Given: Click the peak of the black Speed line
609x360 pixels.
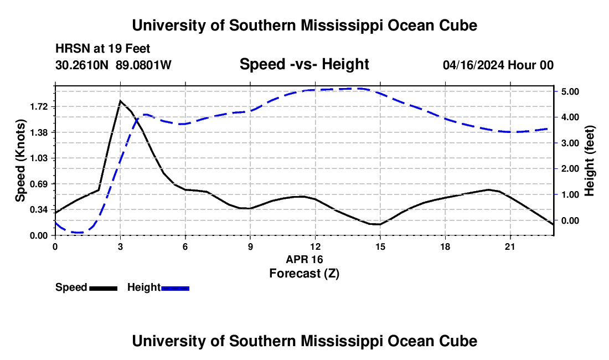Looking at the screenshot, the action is (120, 101).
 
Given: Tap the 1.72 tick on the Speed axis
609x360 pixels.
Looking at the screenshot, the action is (38, 107).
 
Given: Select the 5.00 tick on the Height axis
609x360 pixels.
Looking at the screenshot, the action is (571, 91).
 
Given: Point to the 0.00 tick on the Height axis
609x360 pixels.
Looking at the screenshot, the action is (571, 220).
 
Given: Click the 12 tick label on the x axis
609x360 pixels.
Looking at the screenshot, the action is (316, 246).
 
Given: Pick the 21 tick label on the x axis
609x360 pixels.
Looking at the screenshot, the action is (510, 246).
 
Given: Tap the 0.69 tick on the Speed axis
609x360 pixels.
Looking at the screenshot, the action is (38, 184).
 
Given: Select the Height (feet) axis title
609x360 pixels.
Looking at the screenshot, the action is (589, 161).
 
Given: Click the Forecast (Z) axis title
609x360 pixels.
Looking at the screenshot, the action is (304, 274).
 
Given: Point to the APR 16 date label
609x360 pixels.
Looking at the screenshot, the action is (304, 259).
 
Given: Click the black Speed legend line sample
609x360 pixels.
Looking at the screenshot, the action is (104, 288).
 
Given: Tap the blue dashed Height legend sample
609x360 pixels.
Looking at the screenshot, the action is (175, 288).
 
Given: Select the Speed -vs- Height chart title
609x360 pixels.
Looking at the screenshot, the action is (304, 64).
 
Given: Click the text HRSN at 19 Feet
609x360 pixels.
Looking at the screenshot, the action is (103, 49).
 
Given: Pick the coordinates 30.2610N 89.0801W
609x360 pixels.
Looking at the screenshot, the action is (113, 65).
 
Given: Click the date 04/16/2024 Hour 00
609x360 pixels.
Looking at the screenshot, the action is (498, 65).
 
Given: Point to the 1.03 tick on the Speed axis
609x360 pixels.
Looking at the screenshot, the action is (38, 158).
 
